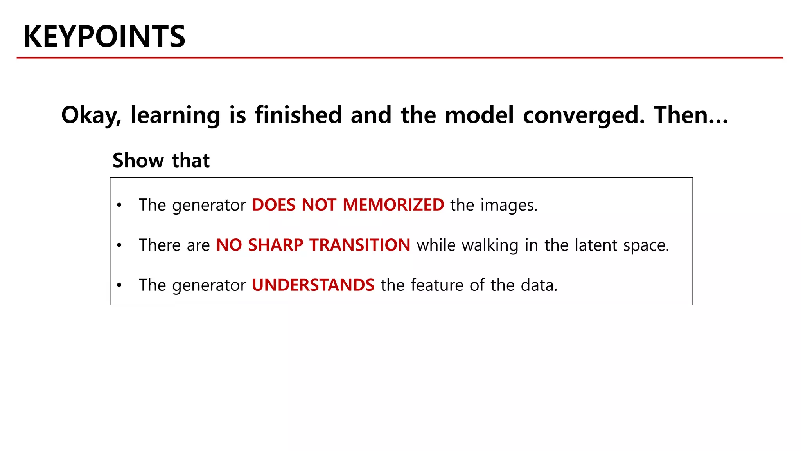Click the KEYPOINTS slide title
tap(104, 36)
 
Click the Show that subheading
tap(161, 160)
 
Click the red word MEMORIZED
tap(393, 205)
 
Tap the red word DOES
tap(273, 205)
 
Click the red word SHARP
tap(275, 245)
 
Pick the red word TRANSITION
tap(360, 245)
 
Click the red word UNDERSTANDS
tap(313, 285)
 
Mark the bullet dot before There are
tap(119, 245)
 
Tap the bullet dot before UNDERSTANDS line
tap(119, 285)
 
